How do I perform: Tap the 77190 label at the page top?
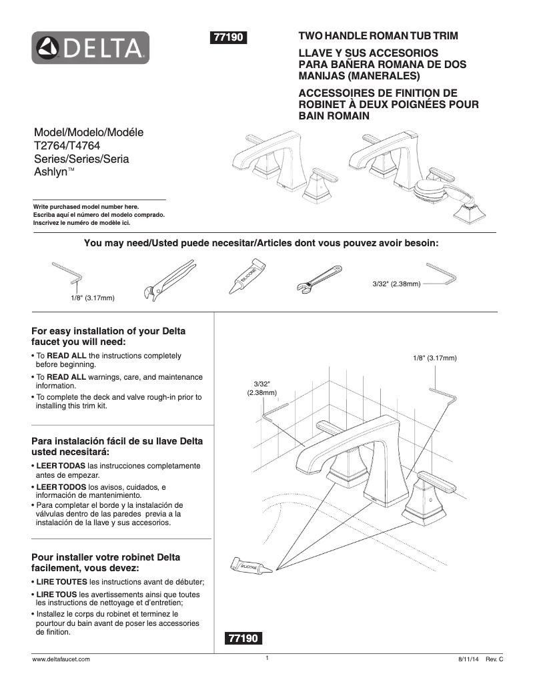[229, 38]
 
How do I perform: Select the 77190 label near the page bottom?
[243, 638]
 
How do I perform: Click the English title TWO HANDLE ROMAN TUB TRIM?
[378, 35]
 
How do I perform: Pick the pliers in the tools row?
[168, 280]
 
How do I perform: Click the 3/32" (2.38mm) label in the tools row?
[396, 284]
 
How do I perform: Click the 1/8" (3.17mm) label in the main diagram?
[435, 358]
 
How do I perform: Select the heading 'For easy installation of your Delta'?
[109, 331]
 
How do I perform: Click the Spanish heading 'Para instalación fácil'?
[117, 441]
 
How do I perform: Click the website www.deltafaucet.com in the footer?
[61, 659]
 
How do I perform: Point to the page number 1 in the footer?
[266, 658]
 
